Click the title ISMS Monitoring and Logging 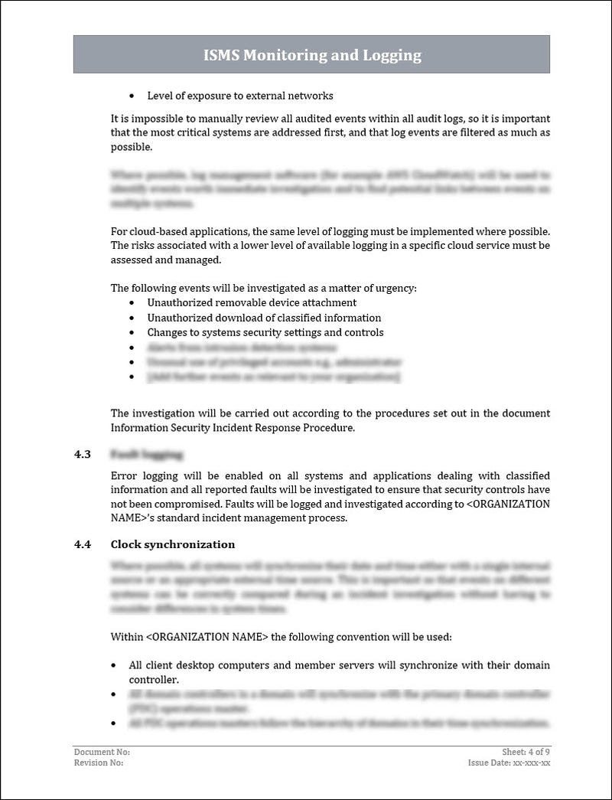[x=311, y=55]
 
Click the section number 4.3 [x=83, y=455]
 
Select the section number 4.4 [x=83, y=544]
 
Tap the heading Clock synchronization [x=172, y=544]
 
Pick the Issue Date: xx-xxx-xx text [x=509, y=763]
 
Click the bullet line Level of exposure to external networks [x=240, y=96]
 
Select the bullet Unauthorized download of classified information [x=264, y=318]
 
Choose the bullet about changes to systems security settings [x=265, y=332]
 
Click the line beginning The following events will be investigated [x=264, y=289]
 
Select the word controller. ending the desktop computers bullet [x=154, y=680]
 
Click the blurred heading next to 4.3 [x=146, y=455]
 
